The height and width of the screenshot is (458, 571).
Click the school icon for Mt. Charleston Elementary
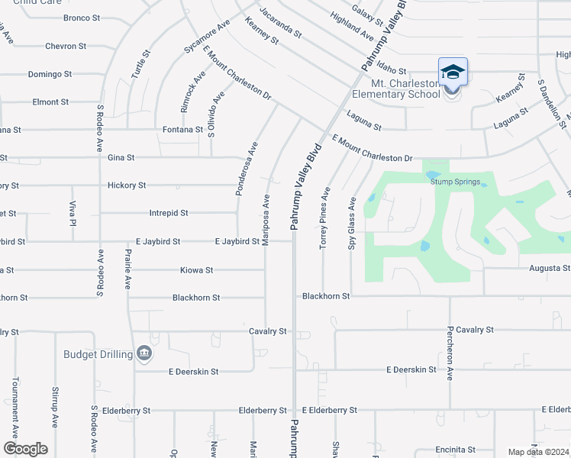453,73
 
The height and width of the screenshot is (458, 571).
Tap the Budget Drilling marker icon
144,353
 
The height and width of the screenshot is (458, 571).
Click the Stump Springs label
455,182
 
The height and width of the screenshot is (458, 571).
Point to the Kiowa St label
196,270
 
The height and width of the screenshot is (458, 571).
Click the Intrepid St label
168,213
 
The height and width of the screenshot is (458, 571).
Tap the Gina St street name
121,158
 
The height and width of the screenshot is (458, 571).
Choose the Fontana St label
182,130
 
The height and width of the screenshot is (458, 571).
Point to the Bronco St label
82,18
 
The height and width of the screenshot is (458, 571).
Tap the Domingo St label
50,74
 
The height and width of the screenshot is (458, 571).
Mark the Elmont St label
50,102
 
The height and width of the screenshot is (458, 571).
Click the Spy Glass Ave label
353,223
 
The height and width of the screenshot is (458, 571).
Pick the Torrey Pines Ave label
324,218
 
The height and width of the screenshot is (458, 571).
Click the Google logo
24,449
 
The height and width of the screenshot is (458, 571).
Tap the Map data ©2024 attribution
538,452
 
